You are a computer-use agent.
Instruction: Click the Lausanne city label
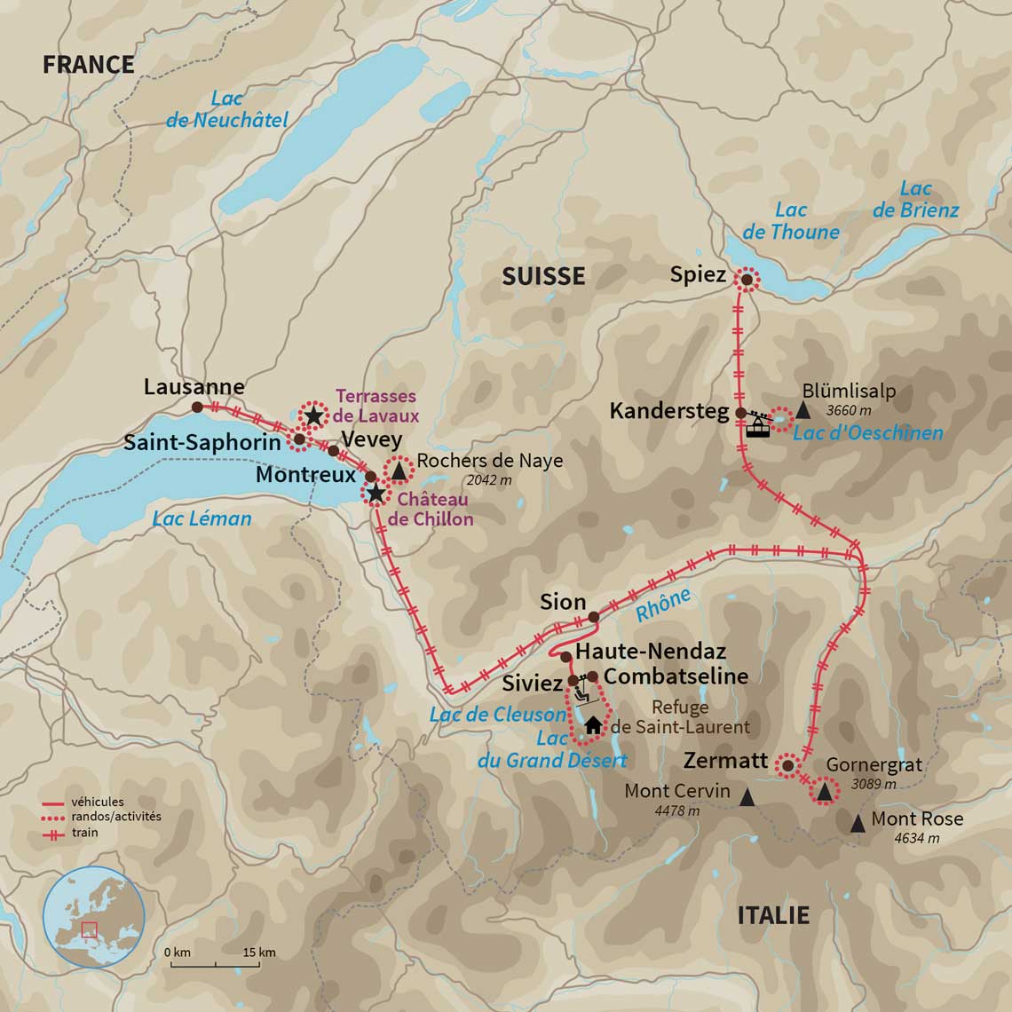194,387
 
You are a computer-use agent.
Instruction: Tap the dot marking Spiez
747,280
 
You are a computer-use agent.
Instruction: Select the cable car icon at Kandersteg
757,423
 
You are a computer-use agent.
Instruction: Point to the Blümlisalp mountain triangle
803,410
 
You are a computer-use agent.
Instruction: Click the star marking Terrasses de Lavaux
313,415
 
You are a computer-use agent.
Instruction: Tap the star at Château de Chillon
376,493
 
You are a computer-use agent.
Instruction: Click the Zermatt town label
725,761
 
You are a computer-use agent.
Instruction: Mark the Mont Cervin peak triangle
747,798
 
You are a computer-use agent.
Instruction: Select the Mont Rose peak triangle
857,824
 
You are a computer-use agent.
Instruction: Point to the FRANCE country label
89,65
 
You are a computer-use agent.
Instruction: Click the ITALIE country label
773,915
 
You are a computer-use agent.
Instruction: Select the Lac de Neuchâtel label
227,109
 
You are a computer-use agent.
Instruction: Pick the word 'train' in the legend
85,833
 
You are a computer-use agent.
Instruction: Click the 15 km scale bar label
259,953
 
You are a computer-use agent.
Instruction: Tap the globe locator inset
93,917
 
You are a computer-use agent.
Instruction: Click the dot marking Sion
593,617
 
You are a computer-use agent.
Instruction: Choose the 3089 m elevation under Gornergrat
874,784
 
